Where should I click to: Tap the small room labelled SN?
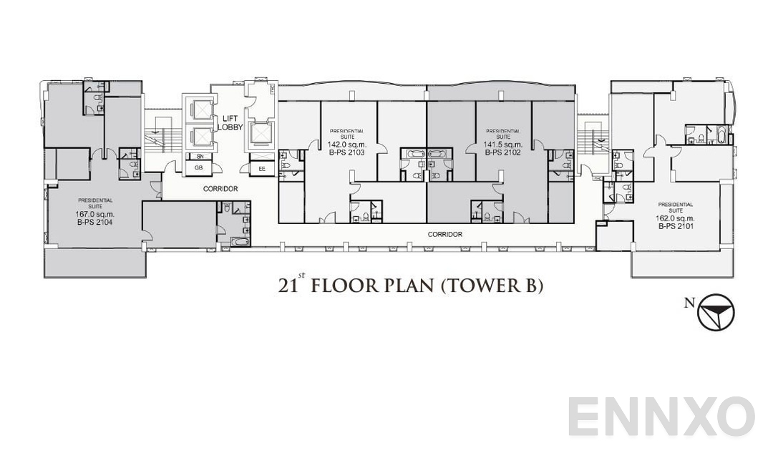coord(198,156)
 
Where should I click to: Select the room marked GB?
coord(198,168)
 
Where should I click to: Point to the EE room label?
coord(262,169)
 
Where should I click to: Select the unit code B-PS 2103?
coord(346,152)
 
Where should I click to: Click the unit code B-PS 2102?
coord(502,152)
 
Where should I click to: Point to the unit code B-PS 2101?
coord(676,225)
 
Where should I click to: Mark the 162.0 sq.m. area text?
coord(676,218)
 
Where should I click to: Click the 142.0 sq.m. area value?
coord(346,144)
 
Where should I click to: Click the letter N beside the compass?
coord(689,303)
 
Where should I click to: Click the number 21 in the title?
coord(287,287)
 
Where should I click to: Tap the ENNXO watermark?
coord(661,416)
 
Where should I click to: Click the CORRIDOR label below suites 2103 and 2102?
coord(444,234)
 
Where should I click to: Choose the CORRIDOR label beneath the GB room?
coord(220,189)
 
